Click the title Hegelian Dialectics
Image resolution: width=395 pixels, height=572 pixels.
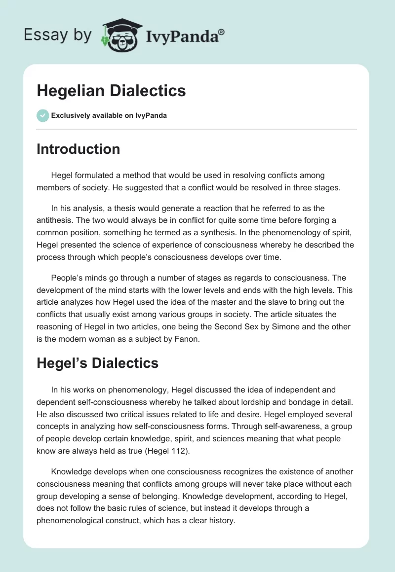coord(111,91)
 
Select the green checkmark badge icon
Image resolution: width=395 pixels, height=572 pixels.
coord(42,115)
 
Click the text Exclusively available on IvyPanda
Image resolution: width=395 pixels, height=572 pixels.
coord(109,116)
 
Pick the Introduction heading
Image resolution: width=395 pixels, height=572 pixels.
coord(78,149)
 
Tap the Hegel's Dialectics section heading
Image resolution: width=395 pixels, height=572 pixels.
coord(97,363)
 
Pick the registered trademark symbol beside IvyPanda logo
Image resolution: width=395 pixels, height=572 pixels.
coord(222,31)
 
